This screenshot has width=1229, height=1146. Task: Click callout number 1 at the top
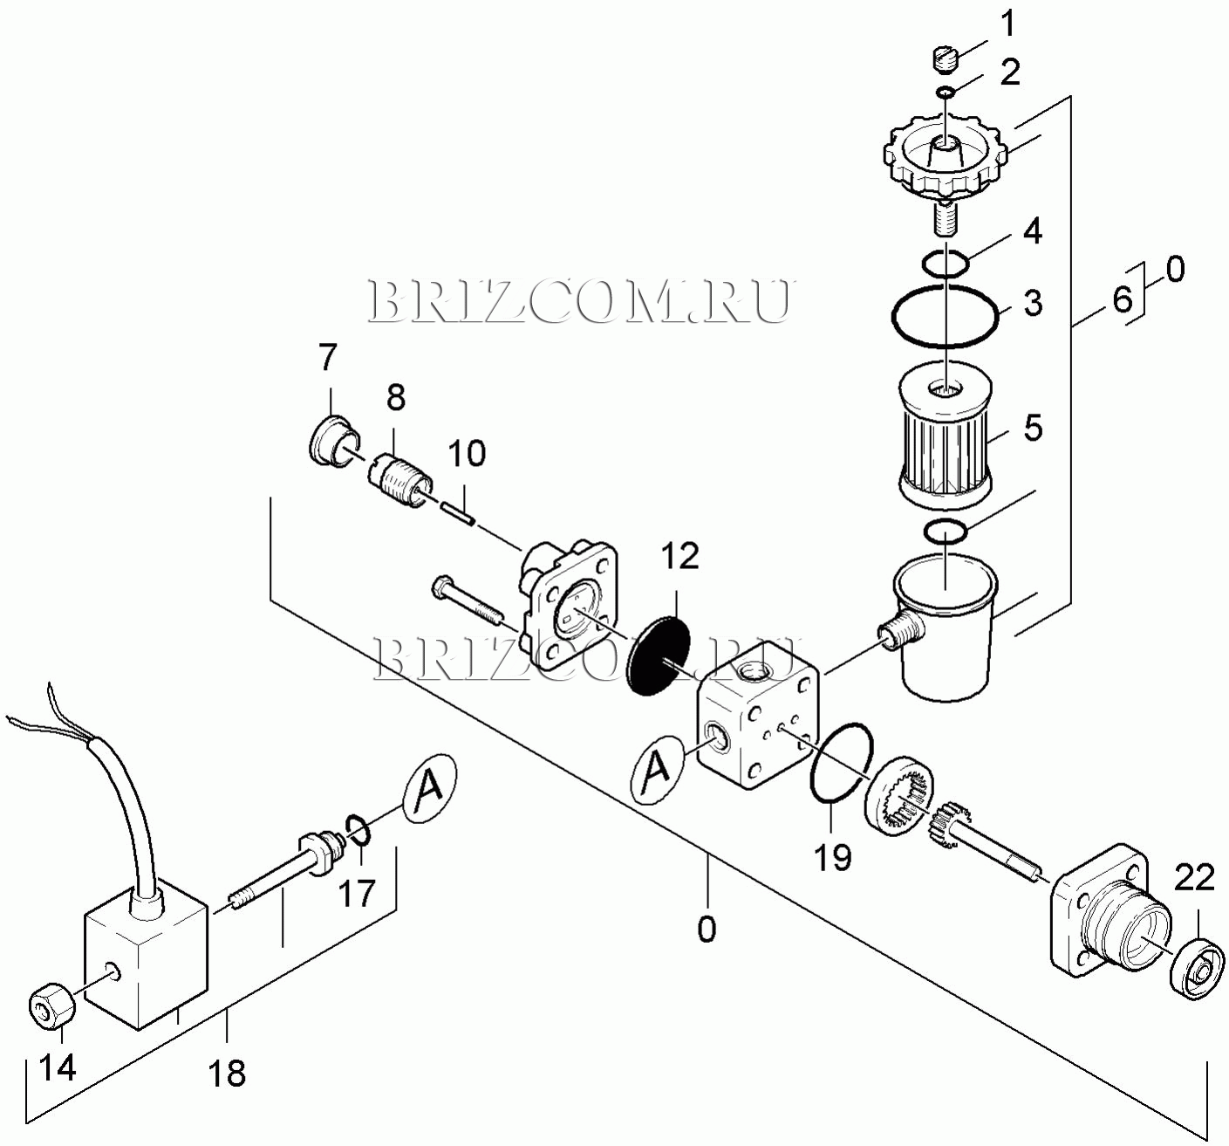tap(1007, 24)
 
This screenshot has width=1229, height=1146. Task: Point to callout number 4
tap(1033, 232)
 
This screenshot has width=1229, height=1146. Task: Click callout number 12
tap(679, 555)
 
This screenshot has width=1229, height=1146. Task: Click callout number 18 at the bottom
tap(227, 1073)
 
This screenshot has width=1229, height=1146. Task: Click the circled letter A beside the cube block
tap(659, 767)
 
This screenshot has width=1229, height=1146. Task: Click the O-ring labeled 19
tap(839, 762)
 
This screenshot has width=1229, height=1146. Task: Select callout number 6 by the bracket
tap(1122, 299)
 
